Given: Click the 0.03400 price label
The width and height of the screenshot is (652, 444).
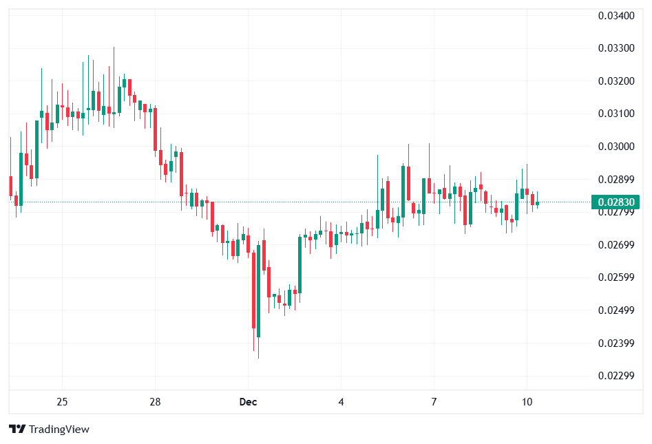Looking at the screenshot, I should pos(616,15).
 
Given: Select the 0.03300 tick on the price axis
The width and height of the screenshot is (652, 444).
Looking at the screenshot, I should pos(616,48).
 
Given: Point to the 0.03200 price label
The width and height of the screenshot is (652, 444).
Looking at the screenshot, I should pos(616,81).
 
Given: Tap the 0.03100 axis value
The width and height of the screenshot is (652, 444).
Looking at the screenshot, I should pos(616,114).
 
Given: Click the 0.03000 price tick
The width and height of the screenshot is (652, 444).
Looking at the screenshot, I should pos(616,147).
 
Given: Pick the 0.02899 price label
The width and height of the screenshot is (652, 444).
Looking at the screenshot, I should pos(616,180).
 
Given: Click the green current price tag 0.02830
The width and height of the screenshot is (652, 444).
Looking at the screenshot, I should pos(616,202).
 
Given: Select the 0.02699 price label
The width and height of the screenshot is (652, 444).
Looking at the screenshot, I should pos(616,245).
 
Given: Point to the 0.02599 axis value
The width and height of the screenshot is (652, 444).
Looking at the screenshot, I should pos(616,277).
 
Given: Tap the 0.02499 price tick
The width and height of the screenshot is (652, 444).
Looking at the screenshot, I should pos(616,310).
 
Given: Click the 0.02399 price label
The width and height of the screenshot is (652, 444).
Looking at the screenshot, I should pos(616,343).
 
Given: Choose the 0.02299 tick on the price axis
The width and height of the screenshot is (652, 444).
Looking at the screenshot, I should pos(616,376).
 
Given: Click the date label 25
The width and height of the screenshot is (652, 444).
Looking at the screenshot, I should pos(62,402).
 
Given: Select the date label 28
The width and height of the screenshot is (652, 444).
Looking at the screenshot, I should pos(155,402).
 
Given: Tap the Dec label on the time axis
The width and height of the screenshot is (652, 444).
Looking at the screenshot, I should pos(248,402).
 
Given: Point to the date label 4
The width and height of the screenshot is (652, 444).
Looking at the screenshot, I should pos(341,402).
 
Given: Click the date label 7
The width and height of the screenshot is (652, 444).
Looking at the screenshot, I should pos(434,402).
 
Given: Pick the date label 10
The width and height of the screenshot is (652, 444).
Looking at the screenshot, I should pos(527,402).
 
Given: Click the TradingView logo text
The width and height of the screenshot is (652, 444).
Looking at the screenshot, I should pos(50,430).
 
